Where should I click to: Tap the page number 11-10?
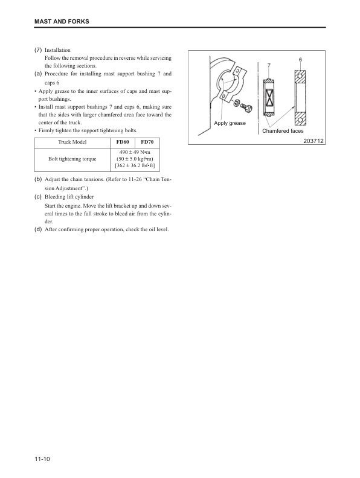point(42,460)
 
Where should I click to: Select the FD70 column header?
point(146,142)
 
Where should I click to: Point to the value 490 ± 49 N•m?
point(134,151)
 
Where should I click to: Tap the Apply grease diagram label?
point(230,123)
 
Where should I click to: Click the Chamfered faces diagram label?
point(283,131)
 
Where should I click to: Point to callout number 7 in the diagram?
point(268,65)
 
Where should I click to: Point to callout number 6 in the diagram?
point(300,60)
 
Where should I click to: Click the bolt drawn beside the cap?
point(246,107)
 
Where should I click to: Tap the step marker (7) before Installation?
point(38,50)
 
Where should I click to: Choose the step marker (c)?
point(38,197)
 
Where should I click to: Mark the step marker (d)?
point(38,229)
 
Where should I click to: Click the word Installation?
point(58,50)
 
